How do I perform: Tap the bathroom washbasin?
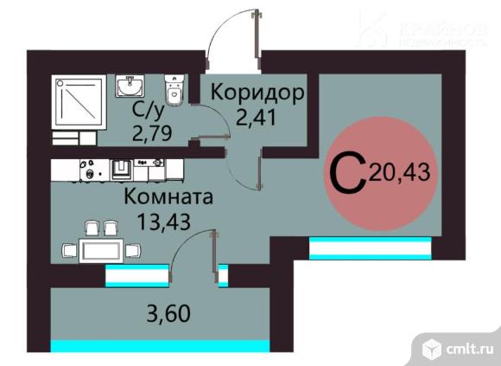[x=130, y=87]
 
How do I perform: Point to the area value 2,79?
[x=150, y=133]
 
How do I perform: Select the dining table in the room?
[x=103, y=248]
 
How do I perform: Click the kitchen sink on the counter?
[x=122, y=165]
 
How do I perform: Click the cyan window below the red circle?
[x=369, y=249]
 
